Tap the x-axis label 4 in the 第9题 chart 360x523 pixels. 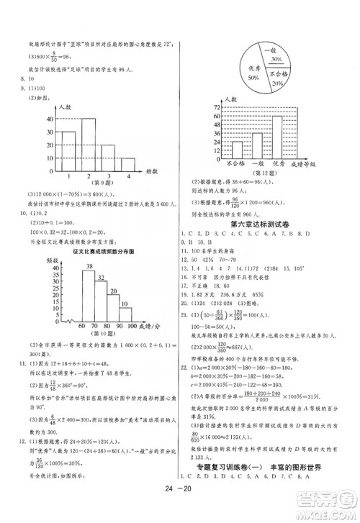point(127,176)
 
